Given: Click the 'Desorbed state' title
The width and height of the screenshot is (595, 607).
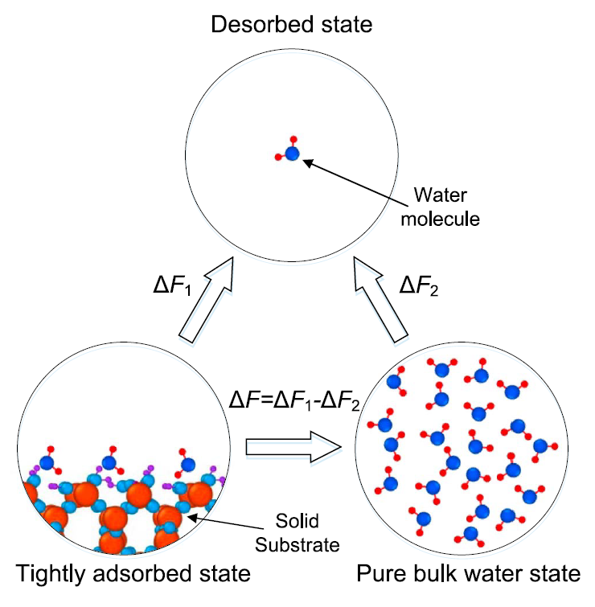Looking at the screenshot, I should point(292,25).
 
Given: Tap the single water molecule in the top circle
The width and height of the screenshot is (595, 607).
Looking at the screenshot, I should point(291,152).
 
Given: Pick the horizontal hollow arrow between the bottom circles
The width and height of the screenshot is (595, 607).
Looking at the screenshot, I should point(295,447).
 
